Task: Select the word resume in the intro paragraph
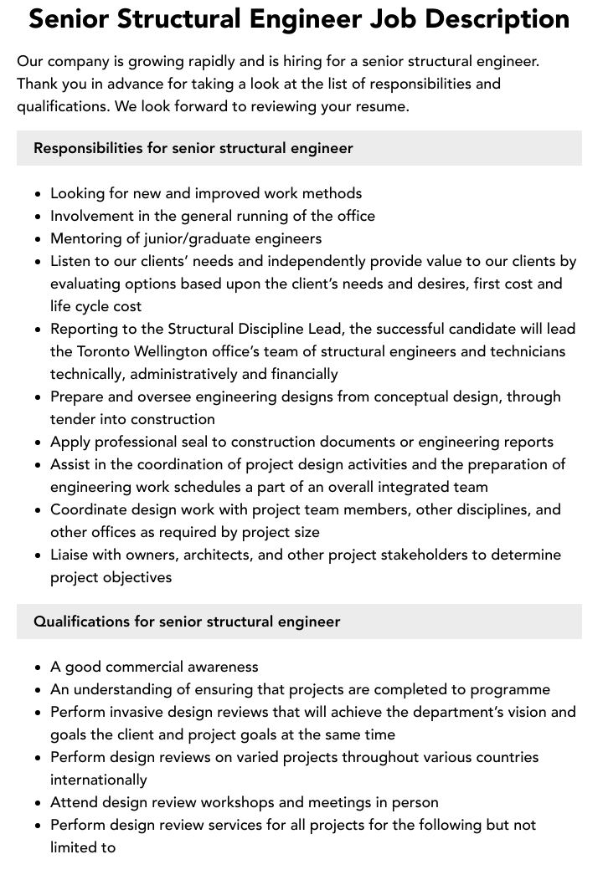pyautogui.click(x=381, y=106)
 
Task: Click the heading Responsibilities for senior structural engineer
pyautogui.click(x=193, y=148)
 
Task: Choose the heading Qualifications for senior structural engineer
pyautogui.click(x=187, y=622)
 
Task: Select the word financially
pyautogui.click(x=296, y=374)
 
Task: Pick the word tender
pyautogui.click(x=72, y=419)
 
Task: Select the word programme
pyautogui.click(x=509, y=689)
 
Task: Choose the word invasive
pyautogui.click(x=139, y=712)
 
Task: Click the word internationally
pyautogui.click(x=99, y=780)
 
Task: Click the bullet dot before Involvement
pyautogui.click(x=39, y=217)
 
